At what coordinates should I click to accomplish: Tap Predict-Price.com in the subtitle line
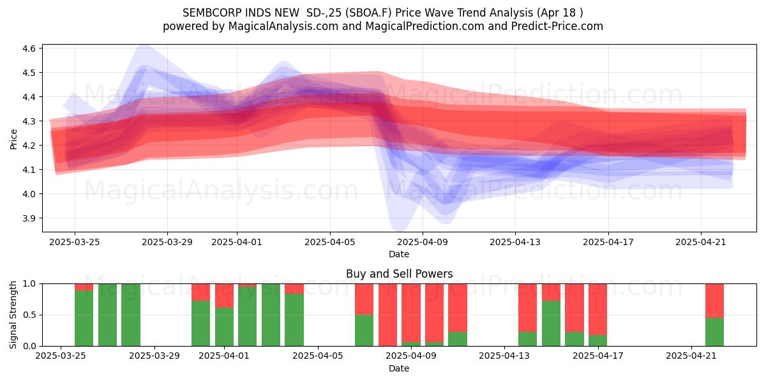[x=557, y=26]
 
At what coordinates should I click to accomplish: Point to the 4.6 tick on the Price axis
[x=29, y=49]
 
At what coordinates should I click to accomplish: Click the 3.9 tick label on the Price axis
[x=29, y=218]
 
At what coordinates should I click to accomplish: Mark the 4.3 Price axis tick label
[x=29, y=121]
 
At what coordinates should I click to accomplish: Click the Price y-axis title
[x=13, y=139]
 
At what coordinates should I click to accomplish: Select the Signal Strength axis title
[x=13, y=315]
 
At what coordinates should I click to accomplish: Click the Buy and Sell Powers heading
[x=399, y=274]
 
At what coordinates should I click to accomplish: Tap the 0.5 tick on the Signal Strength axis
[x=29, y=315]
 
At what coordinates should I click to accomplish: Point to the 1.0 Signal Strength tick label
[x=29, y=284]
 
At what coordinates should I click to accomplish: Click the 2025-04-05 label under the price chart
[x=330, y=243]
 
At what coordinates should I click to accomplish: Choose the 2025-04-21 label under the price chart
[x=701, y=243]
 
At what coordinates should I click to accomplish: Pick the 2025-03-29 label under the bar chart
[x=154, y=356]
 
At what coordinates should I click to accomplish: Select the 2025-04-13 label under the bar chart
[x=504, y=356]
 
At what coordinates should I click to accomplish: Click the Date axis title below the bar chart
[x=399, y=369]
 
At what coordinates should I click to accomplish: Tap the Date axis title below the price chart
[x=399, y=255]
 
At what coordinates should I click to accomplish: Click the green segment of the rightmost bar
[x=714, y=332]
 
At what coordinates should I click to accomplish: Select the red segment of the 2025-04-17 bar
[x=597, y=310]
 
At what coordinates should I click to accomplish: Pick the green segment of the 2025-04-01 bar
[x=224, y=327]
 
